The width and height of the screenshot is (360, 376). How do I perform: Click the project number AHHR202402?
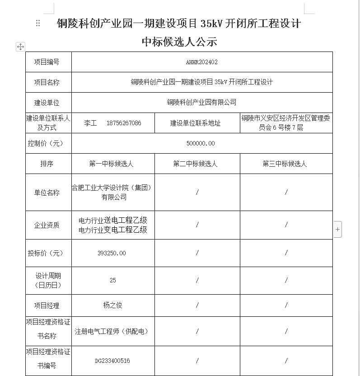(201, 62)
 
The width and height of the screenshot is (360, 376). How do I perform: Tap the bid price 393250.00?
(112, 253)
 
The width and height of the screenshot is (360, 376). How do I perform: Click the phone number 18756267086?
(124, 123)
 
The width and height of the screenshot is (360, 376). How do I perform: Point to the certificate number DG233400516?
(112, 361)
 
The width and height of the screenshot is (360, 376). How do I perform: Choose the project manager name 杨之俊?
(112, 305)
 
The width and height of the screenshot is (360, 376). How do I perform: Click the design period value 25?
(112, 280)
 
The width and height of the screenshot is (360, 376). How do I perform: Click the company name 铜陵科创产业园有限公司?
(201, 103)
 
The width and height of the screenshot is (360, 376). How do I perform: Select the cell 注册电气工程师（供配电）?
(112, 331)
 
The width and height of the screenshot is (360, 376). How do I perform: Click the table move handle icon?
(20, 47)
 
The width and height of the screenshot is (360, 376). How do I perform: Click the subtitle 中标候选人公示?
(179, 42)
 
